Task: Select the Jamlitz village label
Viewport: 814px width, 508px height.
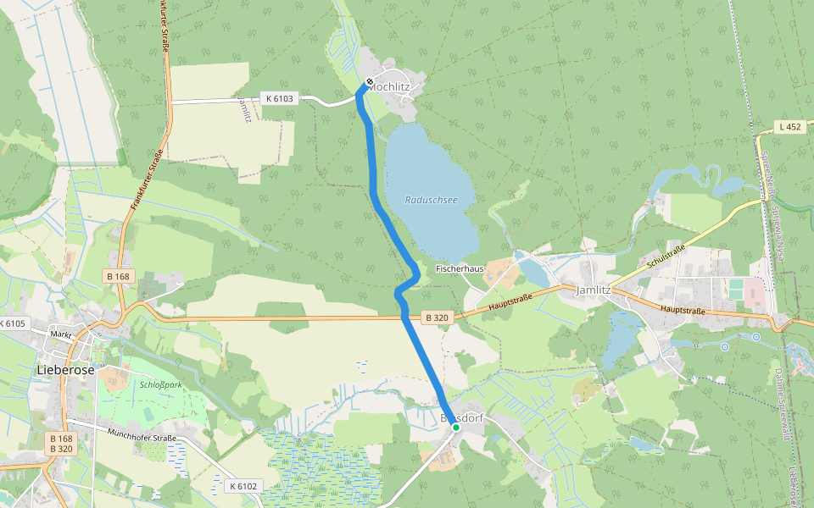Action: pos(593,290)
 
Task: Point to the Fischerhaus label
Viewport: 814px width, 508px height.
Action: pos(460,268)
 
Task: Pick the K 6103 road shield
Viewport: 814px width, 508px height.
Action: pos(279,98)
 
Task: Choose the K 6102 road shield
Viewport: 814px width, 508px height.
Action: pos(243,486)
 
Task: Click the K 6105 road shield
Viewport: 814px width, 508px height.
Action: pos(14,323)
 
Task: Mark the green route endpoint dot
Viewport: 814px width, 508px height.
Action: pos(455,428)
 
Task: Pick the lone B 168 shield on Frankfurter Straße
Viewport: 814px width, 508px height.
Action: pos(119,276)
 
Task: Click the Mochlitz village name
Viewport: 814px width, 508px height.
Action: pos(390,86)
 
